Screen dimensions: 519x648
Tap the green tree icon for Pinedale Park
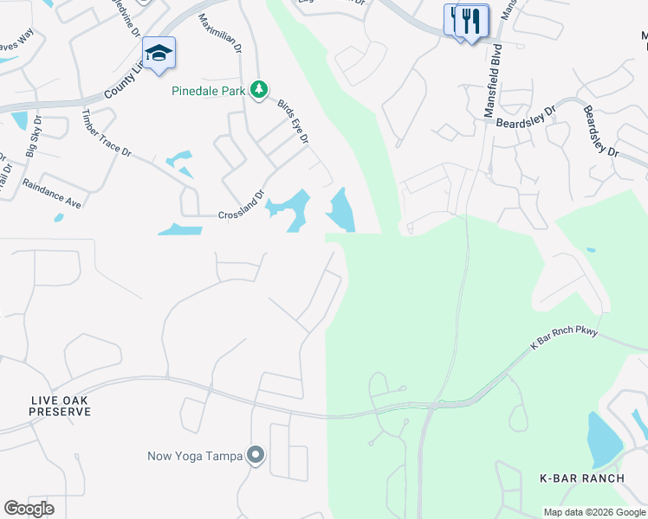(x=258, y=88)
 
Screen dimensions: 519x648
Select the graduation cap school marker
(x=159, y=54)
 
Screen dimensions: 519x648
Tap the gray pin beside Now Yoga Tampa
(x=256, y=455)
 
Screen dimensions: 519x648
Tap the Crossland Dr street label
(x=240, y=208)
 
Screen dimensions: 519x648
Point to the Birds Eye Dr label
(x=293, y=120)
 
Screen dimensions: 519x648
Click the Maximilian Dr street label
(x=218, y=32)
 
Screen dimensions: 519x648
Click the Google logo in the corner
(x=29, y=509)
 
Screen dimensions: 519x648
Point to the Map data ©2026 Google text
(x=593, y=512)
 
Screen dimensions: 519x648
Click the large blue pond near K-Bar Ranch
(x=603, y=438)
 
